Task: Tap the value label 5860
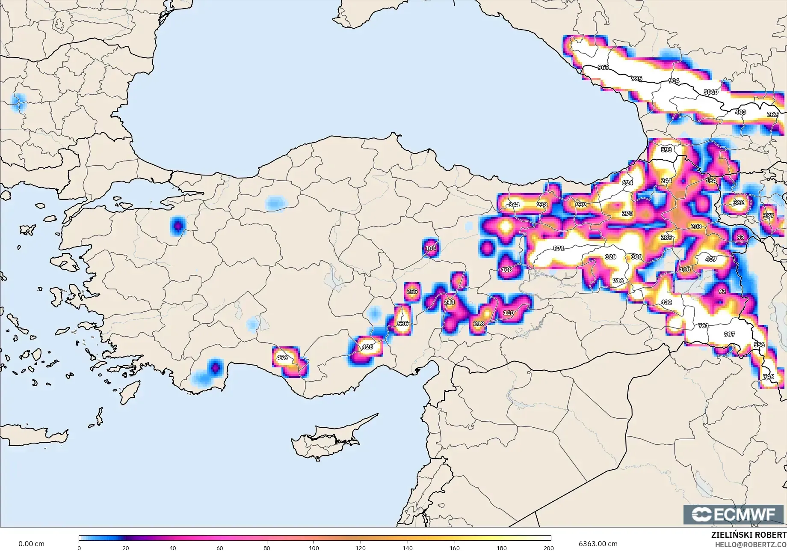pos(711,92)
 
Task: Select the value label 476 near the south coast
pos(282,357)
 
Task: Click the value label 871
pos(559,248)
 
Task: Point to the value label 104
pos(431,248)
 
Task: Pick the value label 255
pos(412,292)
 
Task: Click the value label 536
pos(402,324)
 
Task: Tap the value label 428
pos(367,347)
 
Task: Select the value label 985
pos(636,79)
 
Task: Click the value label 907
pos(729,334)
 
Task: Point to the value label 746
pos(768,377)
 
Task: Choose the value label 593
pos(666,150)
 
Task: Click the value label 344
pos(514,205)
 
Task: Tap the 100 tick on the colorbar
pos(314,548)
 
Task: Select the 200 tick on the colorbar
pos(549,548)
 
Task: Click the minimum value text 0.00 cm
pos(31,544)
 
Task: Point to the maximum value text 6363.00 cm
pos(598,544)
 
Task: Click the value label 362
pos(739,203)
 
